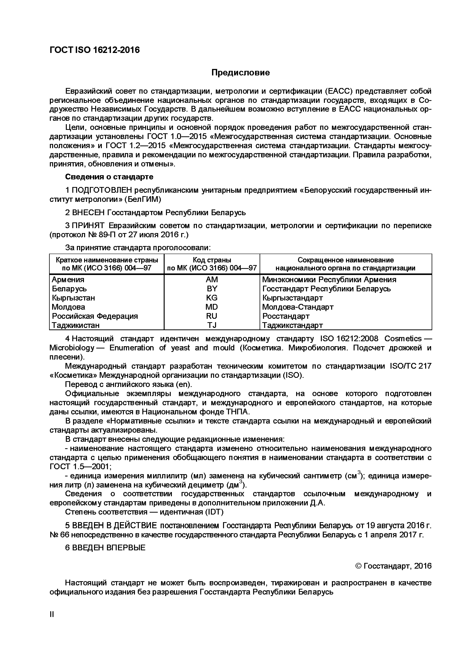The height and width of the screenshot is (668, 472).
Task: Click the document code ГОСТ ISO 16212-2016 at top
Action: click(x=95, y=50)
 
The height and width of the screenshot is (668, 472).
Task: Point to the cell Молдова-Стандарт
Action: click(x=298, y=307)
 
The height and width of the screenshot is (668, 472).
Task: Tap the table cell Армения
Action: click(x=68, y=279)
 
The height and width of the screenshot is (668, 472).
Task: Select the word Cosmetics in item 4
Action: click(x=403, y=339)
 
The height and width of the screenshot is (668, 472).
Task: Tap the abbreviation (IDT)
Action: click(x=214, y=512)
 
